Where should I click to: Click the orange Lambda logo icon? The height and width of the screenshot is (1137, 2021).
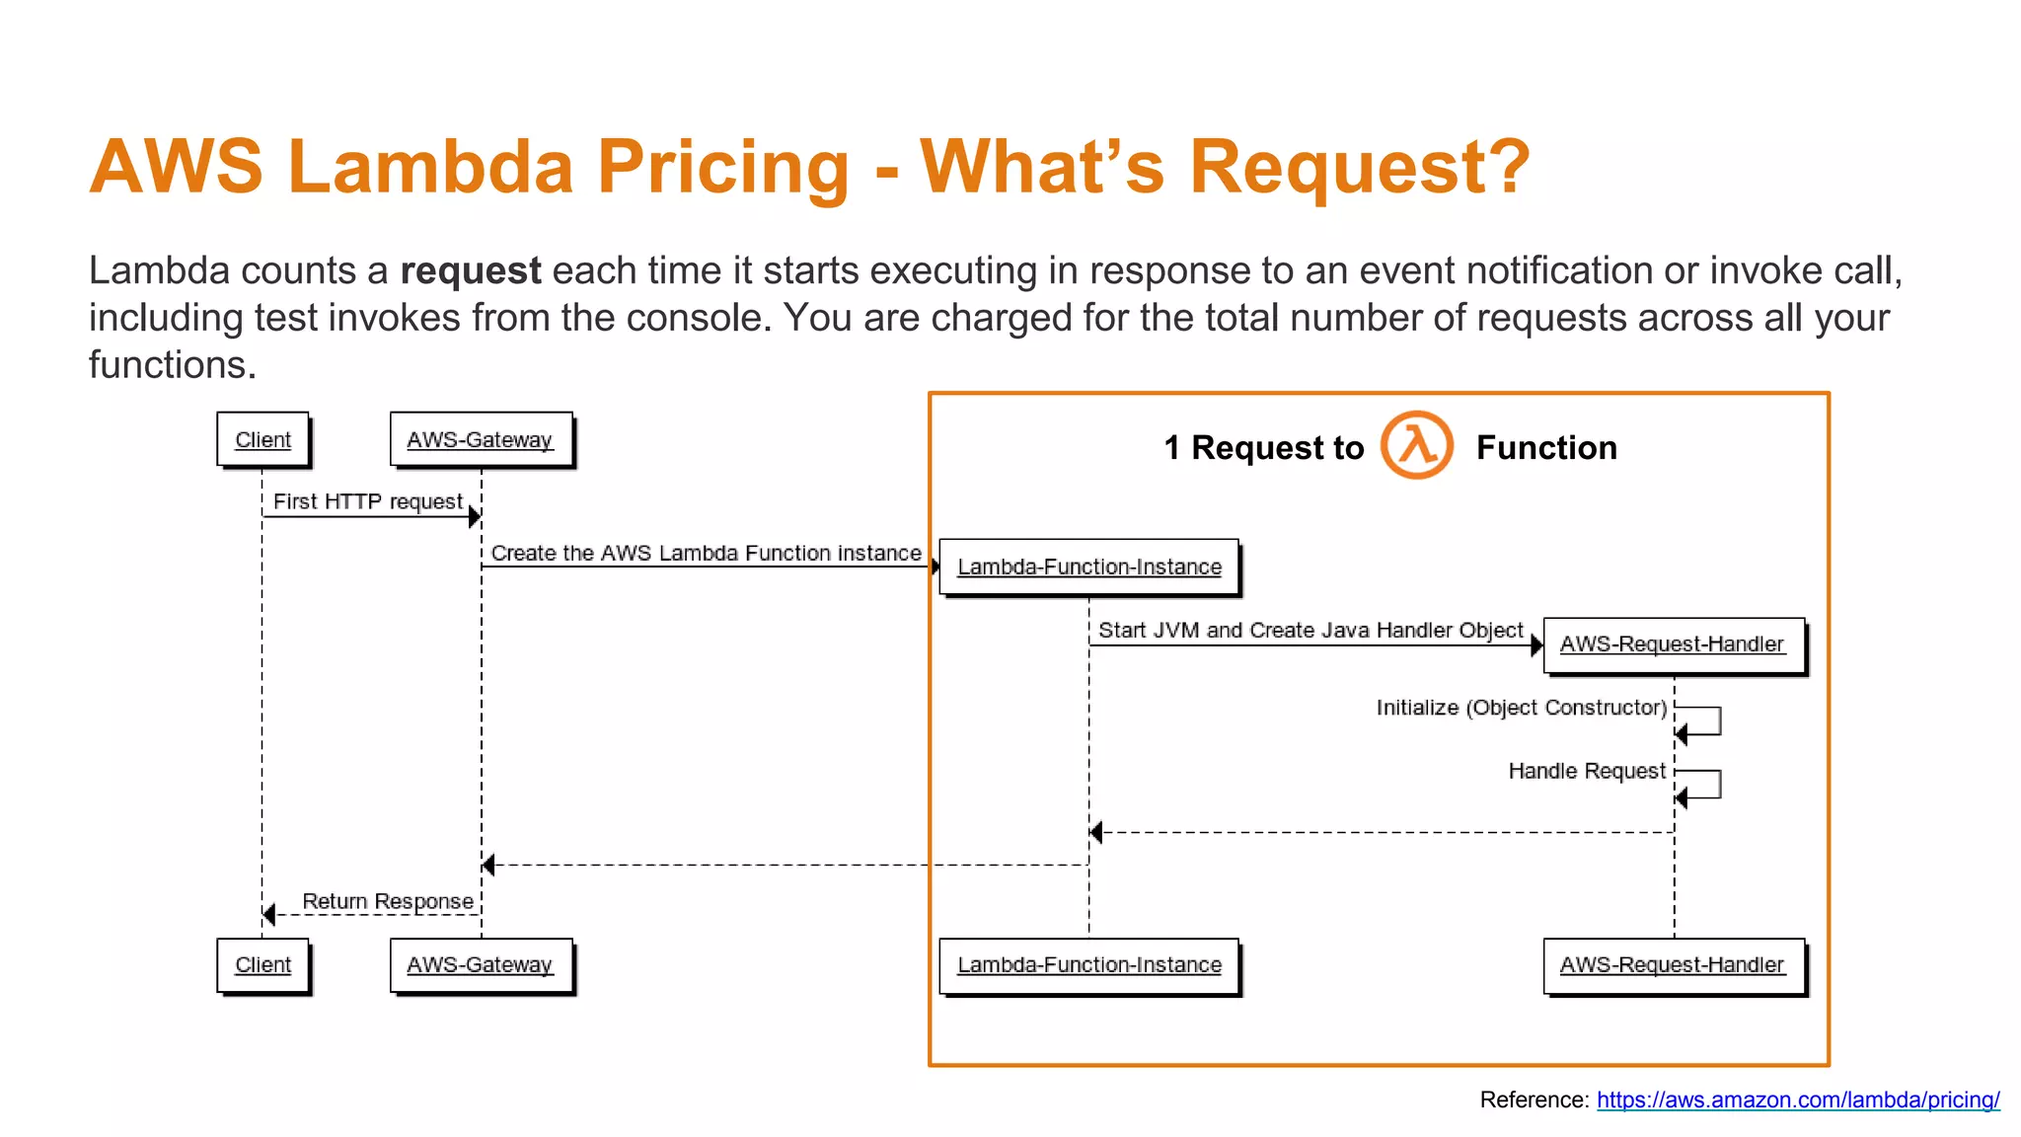pyautogui.click(x=1416, y=445)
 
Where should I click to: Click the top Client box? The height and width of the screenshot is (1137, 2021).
pyautogui.click(x=262, y=439)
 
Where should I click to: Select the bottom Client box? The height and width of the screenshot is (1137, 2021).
pyautogui.click(x=262, y=964)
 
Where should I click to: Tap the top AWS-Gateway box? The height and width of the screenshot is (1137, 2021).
pyautogui.click(x=480, y=439)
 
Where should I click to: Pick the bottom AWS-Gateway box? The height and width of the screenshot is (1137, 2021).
pyautogui.click(x=480, y=964)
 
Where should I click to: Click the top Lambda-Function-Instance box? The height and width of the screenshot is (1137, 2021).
pyautogui.click(x=1088, y=567)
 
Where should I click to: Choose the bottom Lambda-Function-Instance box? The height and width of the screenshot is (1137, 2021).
pyautogui.click(x=1088, y=964)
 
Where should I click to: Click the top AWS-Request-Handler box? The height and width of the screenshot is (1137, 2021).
pyautogui.click(x=1672, y=644)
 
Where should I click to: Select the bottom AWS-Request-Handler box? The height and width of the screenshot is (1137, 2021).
pyautogui.click(x=1672, y=964)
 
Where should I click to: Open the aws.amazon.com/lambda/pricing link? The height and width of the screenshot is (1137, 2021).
pyautogui.click(x=1797, y=1099)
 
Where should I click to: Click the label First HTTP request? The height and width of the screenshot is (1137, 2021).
pyautogui.click(x=367, y=501)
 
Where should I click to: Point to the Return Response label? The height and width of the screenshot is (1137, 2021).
pyautogui.click(x=387, y=901)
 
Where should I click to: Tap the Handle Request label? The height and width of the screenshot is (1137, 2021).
pyautogui.click(x=1586, y=771)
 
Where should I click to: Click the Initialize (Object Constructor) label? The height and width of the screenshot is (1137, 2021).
pyautogui.click(x=1521, y=708)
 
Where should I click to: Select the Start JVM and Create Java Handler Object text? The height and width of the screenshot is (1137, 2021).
pyautogui.click(x=1310, y=630)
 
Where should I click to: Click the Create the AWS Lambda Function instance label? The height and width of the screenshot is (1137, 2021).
pyautogui.click(x=706, y=553)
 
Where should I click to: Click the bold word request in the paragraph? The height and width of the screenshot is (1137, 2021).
pyautogui.click(x=470, y=270)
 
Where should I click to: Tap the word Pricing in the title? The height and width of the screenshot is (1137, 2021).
pyautogui.click(x=722, y=166)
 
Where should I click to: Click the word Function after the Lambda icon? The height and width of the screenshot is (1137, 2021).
pyautogui.click(x=1545, y=448)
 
